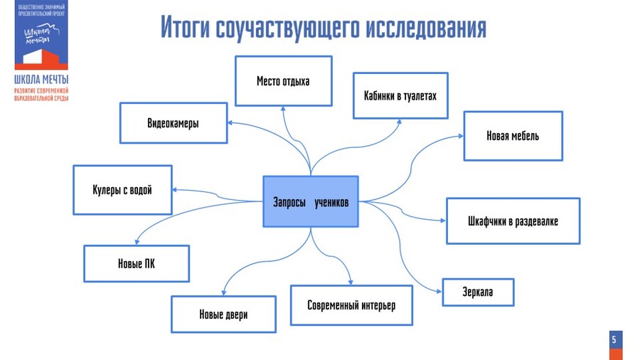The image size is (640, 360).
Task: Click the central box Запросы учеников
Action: click(x=310, y=202)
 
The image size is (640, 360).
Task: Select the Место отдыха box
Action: click(x=283, y=80)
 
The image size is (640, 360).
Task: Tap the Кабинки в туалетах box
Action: click(x=400, y=95)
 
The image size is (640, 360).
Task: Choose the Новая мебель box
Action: click(x=513, y=135)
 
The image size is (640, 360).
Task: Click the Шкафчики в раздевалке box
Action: click(x=513, y=221)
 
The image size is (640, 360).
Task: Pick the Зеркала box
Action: click(x=477, y=292)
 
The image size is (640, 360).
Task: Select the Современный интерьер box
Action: click(x=351, y=305)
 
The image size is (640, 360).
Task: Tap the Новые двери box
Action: click(x=223, y=314)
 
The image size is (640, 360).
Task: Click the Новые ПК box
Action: click(x=137, y=264)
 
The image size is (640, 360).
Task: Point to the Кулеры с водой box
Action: click(x=122, y=190)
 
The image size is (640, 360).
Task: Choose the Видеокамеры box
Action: click(x=173, y=123)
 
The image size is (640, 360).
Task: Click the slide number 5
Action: click(x=614, y=340)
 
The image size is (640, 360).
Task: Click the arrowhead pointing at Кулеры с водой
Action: click(x=176, y=190)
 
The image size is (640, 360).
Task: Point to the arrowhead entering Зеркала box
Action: click(x=439, y=291)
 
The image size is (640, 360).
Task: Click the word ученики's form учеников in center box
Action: click(x=332, y=202)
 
